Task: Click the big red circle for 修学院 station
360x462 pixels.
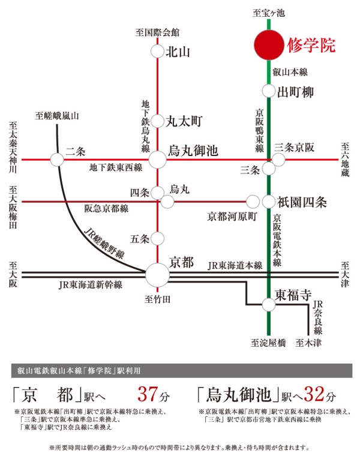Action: (x=269, y=45)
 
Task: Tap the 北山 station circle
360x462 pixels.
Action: (x=157, y=52)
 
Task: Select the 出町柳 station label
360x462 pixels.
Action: (x=295, y=92)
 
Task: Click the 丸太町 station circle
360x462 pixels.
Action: (x=157, y=121)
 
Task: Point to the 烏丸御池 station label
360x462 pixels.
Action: (x=193, y=151)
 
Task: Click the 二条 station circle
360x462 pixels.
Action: (x=57, y=160)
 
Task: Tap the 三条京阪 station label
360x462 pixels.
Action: (x=295, y=148)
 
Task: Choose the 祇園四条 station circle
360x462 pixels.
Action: (x=269, y=202)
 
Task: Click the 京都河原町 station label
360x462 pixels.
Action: (x=232, y=217)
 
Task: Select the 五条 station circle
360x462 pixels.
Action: (x=157, y=239)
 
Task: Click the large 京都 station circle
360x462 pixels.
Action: (x=158, y=275)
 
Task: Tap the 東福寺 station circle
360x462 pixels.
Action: (x=269, y=305)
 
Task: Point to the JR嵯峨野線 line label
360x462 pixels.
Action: (x=104, y=243)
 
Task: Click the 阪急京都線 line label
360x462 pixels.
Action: (x=106, y=209)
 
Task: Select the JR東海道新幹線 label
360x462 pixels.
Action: (x=90, y=285)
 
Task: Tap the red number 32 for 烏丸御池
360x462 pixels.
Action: (x=314, y=395)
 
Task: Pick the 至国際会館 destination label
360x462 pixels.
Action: (x=157, y=32)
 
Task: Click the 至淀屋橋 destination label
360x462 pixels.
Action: (x=268, y=343)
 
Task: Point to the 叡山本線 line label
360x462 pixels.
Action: (x=290, y=72)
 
